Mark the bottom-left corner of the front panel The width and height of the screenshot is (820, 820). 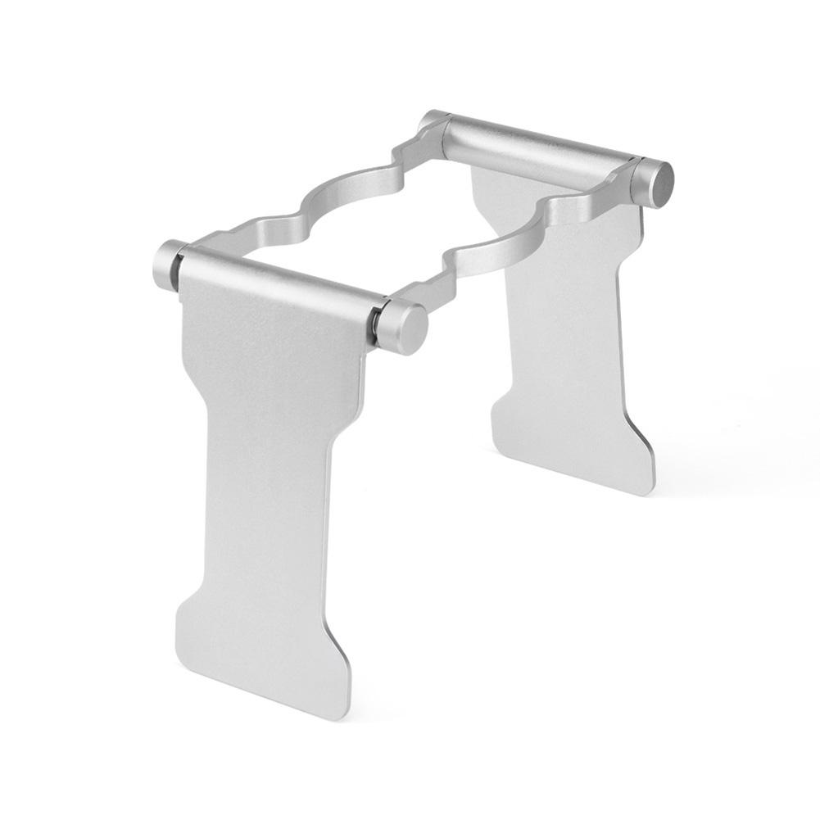(x=181, y=647)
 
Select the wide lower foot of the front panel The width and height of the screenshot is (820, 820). (x=262, y=647)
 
